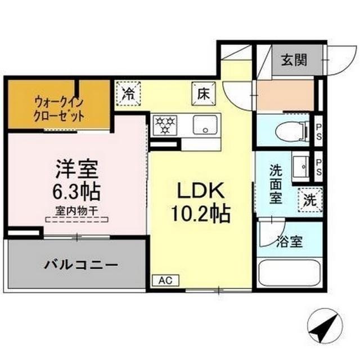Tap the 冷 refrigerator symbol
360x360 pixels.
[129, 93]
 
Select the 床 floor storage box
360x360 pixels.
[202, 93]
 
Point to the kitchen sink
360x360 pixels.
[206, 124]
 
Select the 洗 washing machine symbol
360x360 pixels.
[310, 198]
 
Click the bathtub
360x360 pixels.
[289, 276]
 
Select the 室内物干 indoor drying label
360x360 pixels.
[78, 211]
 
